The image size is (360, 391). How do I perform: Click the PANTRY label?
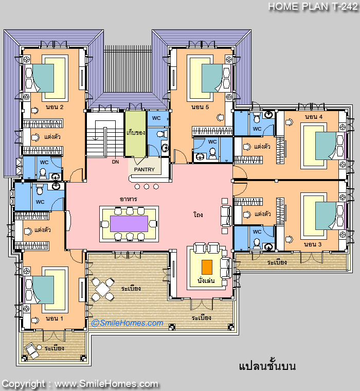145,170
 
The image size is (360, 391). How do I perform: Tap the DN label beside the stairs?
115,162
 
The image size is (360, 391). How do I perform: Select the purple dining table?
129,224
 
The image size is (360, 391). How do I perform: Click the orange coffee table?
207,267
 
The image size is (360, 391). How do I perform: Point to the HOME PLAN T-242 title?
313,7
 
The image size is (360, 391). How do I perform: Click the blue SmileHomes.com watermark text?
128,323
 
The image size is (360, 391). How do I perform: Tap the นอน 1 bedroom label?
55,318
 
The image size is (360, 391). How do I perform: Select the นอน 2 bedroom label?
55,107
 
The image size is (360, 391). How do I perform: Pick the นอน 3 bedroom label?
313,244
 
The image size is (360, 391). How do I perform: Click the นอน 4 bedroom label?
314,117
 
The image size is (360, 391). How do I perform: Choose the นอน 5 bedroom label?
200,107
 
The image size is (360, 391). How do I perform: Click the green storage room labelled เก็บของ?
136,134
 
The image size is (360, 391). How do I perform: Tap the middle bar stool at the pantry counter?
147,187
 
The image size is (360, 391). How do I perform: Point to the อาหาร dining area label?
129,199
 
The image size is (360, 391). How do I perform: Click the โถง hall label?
198,215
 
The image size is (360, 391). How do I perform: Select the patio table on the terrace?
102,289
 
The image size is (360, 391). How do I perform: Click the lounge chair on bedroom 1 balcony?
32,350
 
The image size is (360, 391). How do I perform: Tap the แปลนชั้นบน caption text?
267,366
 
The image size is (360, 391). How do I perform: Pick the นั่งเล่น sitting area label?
206,281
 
